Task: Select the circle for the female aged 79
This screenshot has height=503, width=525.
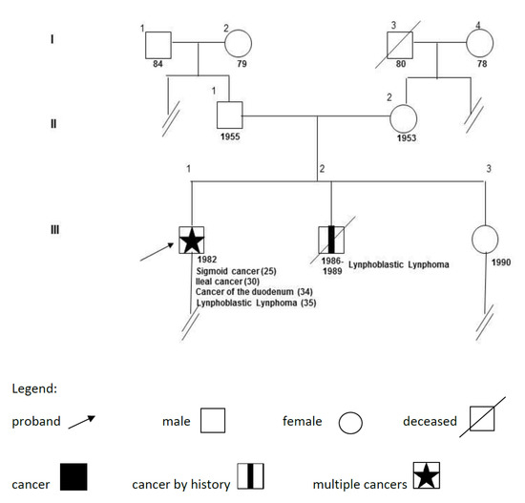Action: point(237,44)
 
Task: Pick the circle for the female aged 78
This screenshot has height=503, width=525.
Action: point(477,44)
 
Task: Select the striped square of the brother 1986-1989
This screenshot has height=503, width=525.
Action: point(331,239)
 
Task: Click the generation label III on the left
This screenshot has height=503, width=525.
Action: point(55,229)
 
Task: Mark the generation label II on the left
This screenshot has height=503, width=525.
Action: point(55,118)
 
